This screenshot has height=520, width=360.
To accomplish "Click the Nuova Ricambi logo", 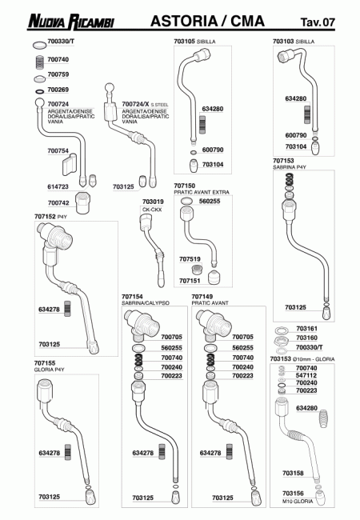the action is (x=71, y=22).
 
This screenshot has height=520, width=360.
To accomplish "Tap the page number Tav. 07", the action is (x=318, y=22).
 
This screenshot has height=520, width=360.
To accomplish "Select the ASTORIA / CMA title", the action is (x=207, y=21).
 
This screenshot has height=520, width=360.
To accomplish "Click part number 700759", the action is (x=58, y=74).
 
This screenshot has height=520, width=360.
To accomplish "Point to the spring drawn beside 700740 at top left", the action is (x=40, y=62).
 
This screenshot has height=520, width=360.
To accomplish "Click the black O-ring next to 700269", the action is (x=39, y=91).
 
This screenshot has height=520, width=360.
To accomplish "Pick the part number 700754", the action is (x=58, y=151).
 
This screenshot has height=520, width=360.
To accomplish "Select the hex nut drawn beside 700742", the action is (x=83, y=202).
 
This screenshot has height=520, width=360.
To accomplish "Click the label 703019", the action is (x=153, y=202).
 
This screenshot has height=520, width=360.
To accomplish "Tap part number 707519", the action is (x=190, y=259).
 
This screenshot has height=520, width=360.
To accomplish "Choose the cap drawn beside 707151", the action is (x=214, y=278).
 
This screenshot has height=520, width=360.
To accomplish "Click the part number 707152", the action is (x=45, y=217).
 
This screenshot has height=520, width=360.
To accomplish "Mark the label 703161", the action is (x=306, y=328).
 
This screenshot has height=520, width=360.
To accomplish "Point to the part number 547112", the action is (x=306, y=375).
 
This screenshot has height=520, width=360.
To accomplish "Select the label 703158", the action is (x=293, y=473).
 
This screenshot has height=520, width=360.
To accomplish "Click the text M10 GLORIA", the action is (x=298, y=501).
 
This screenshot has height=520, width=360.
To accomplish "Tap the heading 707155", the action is (x=45, y=363).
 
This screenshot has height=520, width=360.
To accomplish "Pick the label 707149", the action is (x=202, y=297).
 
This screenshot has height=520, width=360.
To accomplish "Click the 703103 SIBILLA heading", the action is (x=294, y=42).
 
